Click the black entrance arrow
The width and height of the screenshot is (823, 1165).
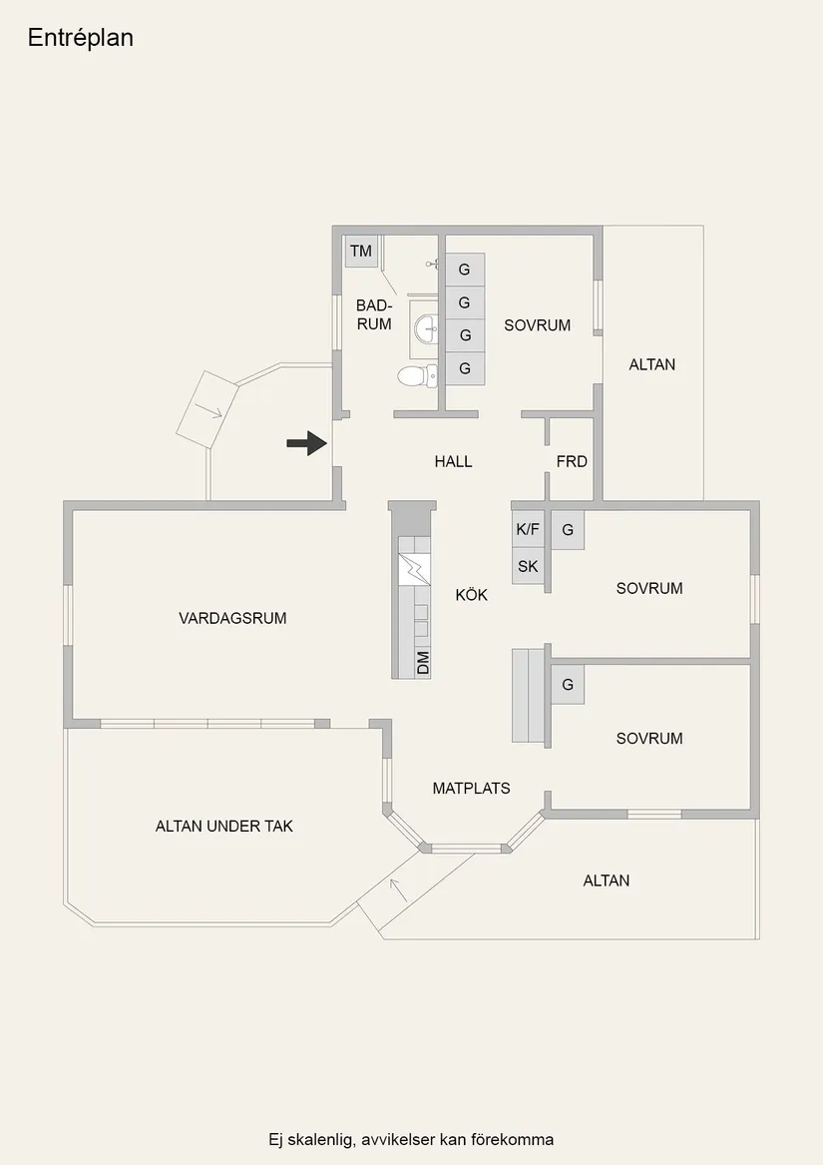307,443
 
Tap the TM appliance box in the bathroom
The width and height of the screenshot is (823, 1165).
361,252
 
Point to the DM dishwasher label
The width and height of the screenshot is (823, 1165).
423,662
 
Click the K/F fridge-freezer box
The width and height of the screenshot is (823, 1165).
528,530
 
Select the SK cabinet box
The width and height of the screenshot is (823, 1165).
528,566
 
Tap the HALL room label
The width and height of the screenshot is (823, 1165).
453,461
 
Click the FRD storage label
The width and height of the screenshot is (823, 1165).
572,461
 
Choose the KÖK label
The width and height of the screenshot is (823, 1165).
472,594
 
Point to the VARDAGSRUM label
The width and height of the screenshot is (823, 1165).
232,618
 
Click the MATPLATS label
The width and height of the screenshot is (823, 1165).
472,789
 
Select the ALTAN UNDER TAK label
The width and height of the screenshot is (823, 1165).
224,827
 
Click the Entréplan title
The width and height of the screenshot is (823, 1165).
80,38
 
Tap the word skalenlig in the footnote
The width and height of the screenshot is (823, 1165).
319,1140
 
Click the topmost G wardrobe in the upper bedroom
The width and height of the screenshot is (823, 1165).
465,270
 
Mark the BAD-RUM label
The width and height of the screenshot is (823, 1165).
374,315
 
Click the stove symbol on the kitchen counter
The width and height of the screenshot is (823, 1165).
414,570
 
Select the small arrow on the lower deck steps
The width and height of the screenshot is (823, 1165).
399,889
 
